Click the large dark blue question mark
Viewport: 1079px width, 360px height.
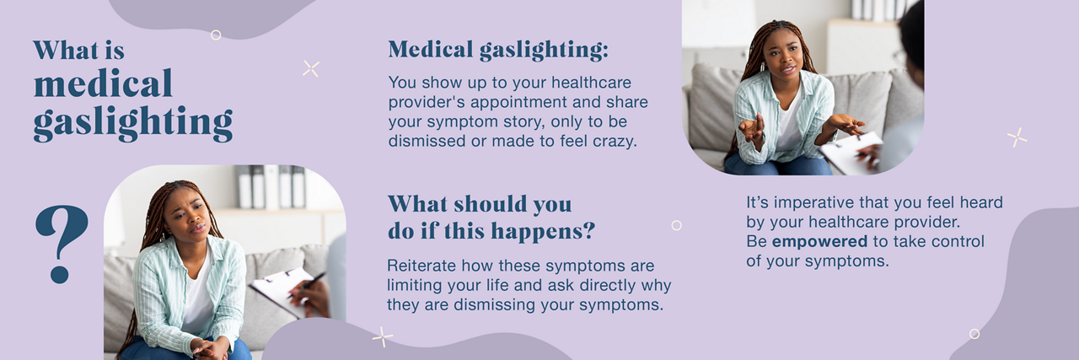tap(61, 240)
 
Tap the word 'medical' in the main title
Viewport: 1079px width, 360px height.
tap(103, 84)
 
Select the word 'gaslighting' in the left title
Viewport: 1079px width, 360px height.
tap(132, 123)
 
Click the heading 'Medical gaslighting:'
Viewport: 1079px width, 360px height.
tap(497, 51)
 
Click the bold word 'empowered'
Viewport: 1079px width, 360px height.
tap(819, 242)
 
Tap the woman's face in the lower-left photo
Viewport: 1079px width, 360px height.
tap(185, 214)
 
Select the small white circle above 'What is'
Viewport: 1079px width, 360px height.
tap(216, 35)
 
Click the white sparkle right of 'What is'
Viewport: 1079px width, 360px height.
tap(311, 69)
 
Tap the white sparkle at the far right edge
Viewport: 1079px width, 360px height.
tap(1017, 137)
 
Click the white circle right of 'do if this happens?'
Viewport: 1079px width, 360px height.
tap(676, 225)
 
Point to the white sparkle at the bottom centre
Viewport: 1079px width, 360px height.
tap(383, 336)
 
